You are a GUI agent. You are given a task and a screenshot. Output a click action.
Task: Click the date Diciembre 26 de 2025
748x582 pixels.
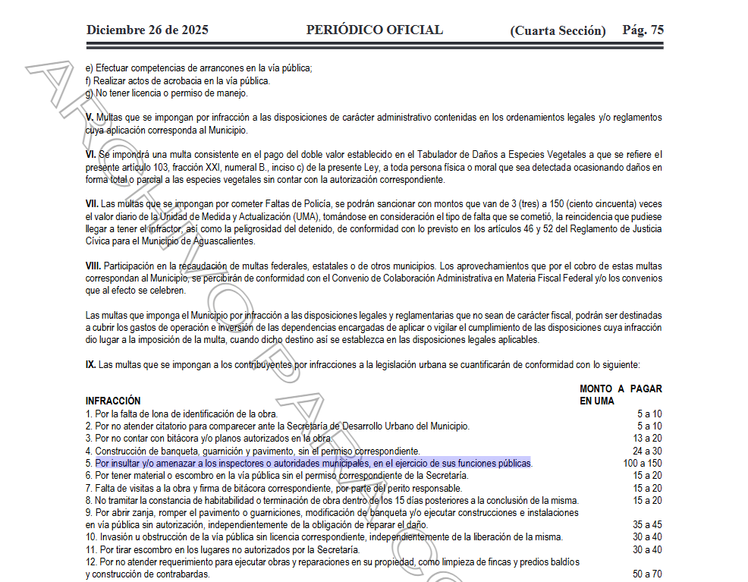click(147, 30)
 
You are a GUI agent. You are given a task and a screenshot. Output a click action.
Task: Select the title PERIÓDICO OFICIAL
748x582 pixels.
click(374, 30)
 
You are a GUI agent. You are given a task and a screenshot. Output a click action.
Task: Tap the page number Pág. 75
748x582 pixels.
click(643, 30)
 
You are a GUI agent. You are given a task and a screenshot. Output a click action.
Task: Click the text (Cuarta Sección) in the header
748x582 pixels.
click(558, 31)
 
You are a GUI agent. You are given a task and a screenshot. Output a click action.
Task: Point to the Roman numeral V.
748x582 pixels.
click(90, 118)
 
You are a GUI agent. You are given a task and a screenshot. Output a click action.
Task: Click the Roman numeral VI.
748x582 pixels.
click(91, 155)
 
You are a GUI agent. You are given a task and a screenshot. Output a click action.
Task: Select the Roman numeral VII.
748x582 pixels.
click(92, 204)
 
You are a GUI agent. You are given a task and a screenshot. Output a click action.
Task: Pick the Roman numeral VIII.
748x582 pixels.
click(93, 266)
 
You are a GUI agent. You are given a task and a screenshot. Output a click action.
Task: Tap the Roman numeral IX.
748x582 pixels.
click(91, 365)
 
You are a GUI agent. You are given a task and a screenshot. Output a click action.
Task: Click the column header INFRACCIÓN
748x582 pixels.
click(113, 401)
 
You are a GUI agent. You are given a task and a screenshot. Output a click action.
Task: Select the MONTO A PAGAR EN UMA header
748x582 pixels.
click(620, 395)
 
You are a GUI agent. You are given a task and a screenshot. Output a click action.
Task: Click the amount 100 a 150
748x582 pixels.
click(642, 463)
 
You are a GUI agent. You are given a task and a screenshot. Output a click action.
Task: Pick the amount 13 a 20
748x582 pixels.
click(647, 439)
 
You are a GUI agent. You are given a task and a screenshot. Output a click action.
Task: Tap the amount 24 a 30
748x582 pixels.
click(647, 451)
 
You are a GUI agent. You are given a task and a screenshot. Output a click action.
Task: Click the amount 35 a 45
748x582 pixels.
click(647, 525)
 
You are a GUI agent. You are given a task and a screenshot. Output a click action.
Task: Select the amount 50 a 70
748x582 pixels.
click(647, 574)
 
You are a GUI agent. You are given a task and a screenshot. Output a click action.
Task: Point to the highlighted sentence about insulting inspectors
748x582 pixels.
click(313, 463)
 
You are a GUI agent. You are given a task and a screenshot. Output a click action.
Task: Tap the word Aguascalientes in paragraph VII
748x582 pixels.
click(223, 241)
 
